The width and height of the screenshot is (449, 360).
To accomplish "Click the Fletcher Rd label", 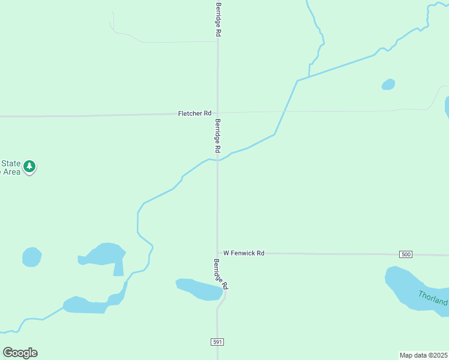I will click(194, 113).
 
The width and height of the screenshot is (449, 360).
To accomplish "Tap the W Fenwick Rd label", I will click(244, 253).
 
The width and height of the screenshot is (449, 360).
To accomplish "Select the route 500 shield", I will click(406, 254).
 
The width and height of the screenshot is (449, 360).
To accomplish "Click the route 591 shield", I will click(217, 342).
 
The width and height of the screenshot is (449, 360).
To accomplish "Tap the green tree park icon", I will click(29, 166).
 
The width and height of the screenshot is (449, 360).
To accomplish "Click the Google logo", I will click(20, 352).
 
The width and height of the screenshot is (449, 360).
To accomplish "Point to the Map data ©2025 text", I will click(424, 355).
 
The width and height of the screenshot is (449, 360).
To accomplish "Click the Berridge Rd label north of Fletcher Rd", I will click(218, 20).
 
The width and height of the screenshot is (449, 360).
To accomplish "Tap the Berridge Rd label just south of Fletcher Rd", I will click(218, 134).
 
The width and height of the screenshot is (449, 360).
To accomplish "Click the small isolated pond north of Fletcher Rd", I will click(388, 85).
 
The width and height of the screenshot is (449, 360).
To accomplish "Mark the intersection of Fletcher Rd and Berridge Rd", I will click(217, 112).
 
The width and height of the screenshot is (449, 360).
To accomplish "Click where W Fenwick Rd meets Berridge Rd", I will click(217, 254).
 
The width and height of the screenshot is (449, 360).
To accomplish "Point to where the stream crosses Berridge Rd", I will click(217, 161).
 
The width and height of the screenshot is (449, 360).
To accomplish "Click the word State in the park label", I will click(11, 163).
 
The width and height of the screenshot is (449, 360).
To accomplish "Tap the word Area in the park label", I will click(11, 172).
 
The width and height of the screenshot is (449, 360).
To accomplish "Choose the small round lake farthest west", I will click(31, 257).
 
